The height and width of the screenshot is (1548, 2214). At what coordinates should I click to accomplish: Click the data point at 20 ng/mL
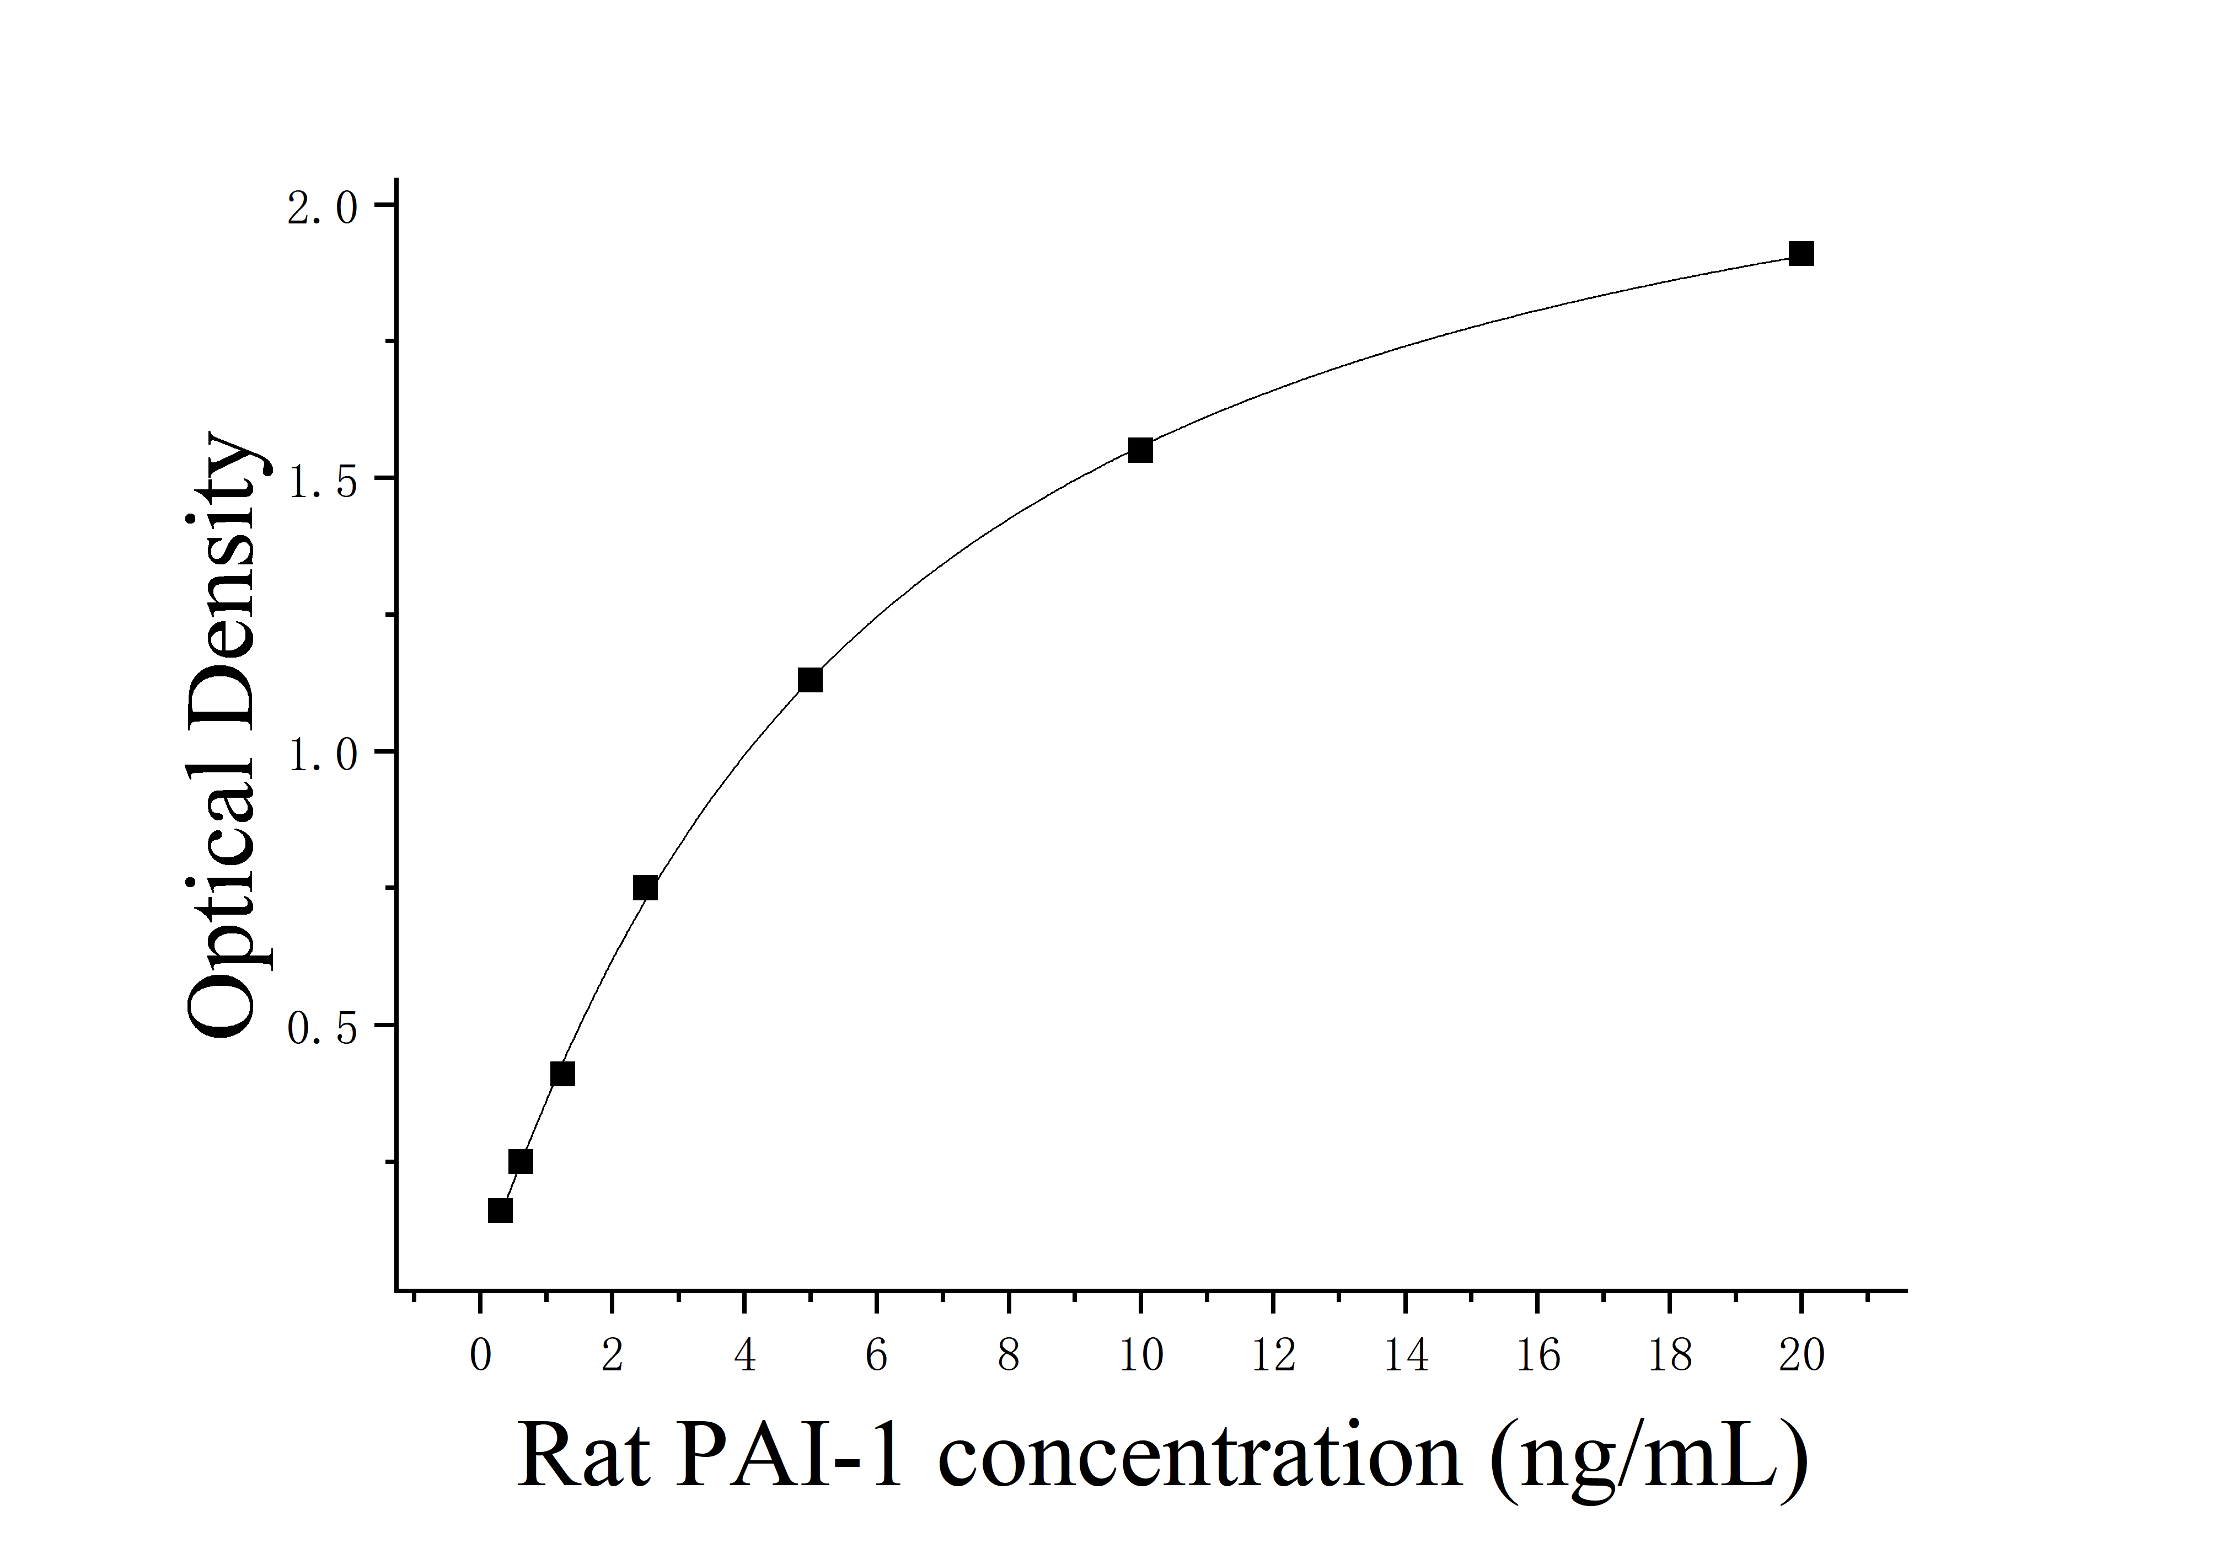click(x=1800, y=254)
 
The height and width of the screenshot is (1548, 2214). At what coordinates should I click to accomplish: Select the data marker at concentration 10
click(x=1140, y=450)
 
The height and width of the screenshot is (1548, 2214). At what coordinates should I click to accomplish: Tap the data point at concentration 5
click(x=810, y=680)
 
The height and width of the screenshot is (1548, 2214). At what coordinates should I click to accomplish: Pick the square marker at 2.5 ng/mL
click(x=645, y=887)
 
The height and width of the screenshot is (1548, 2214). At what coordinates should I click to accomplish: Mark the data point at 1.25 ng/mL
click(x=562, y=1074)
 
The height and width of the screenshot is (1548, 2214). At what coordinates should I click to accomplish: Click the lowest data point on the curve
click(x=500, y=1210)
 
